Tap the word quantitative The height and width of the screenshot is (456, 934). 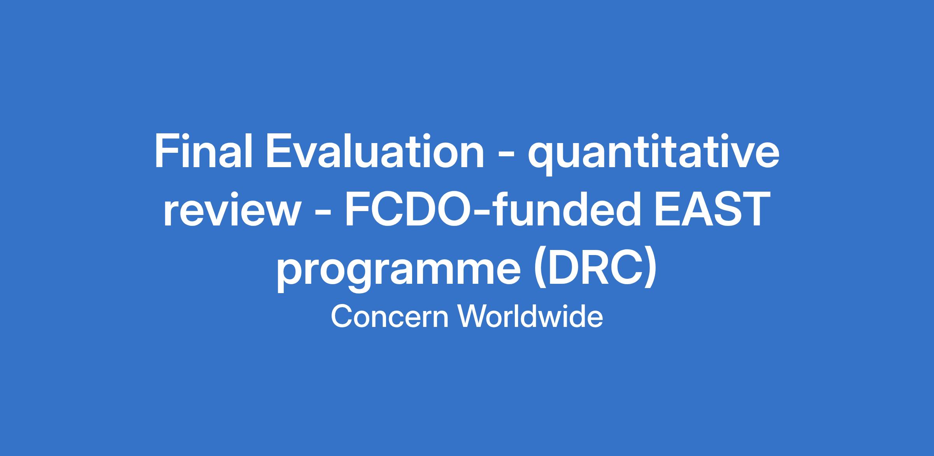tap(653, 155)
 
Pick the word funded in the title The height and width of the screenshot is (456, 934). tap(568, 209)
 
